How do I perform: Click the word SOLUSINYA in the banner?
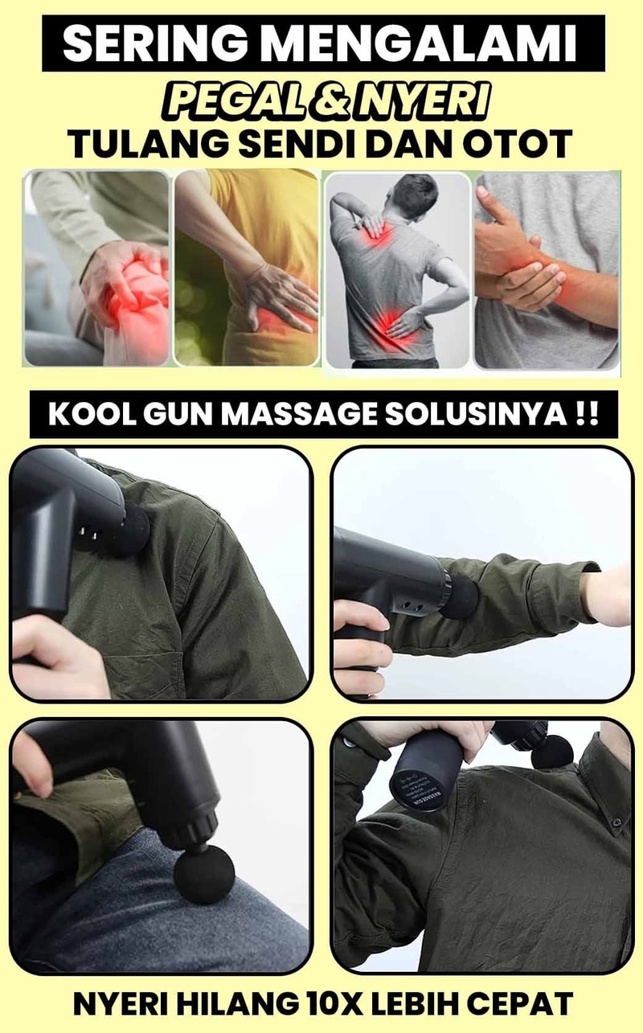click(475, 414)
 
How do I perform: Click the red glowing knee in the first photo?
click(141, 300)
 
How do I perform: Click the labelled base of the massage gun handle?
click(426, 784)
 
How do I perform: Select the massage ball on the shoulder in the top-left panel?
click(131, 531)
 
